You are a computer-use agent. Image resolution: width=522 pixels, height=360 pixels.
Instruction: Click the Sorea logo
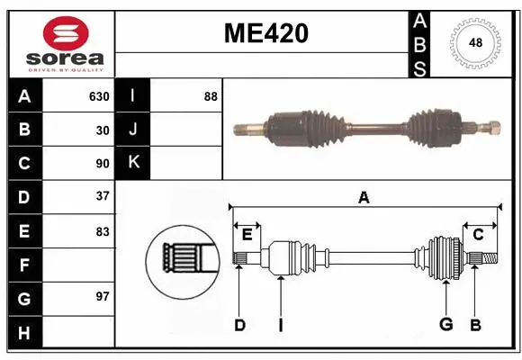point(58,43)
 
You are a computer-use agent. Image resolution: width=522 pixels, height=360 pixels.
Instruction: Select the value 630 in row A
point(98,96)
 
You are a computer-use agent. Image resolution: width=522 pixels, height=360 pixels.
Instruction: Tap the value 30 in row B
point(102,130)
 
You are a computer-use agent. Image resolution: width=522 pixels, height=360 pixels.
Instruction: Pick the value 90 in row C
point(102,164)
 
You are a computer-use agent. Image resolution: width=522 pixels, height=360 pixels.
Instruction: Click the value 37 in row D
point(102,196)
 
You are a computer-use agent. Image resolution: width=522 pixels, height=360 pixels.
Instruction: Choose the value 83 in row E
point(102,231)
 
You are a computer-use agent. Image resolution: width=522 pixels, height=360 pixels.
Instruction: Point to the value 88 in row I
point(210,96)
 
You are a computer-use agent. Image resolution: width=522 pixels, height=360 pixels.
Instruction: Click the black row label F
point(23,265)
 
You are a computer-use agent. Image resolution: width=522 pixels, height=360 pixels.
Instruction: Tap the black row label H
point(23,333)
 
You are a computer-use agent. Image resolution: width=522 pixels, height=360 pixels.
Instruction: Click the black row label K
point(133,163)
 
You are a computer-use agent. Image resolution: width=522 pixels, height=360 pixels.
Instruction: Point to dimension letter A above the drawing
point(364,198)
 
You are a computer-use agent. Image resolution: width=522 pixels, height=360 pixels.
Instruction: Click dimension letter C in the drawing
point(478,234)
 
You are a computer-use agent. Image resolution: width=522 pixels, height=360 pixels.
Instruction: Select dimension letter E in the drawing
point(247,234)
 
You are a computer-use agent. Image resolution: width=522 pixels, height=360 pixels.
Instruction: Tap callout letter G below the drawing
point(445,324)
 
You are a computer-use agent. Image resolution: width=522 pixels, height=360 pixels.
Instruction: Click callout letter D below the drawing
point(239,324)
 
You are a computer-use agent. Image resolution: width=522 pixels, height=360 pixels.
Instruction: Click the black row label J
point(133,130)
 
